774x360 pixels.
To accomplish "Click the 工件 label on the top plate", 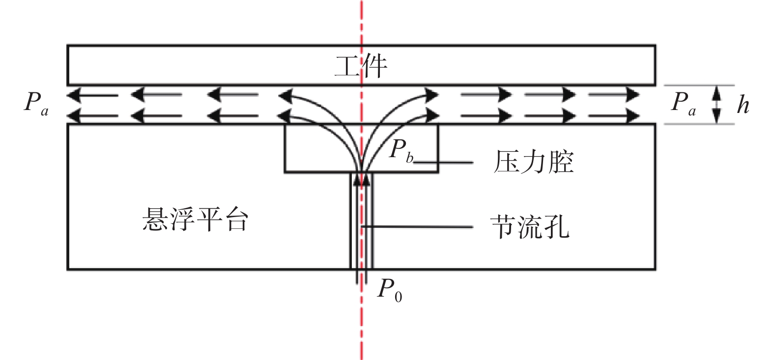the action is (361, 66).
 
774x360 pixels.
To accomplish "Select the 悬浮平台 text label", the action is (195, 220).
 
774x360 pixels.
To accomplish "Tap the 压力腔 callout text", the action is (534, 162).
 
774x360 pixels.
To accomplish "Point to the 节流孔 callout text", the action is (530, 227).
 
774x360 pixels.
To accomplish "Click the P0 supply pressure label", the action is (390, 290).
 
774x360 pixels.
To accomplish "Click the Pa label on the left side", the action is (36, 103).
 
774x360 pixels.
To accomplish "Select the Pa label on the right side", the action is (683, 103).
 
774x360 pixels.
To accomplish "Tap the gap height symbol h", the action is (743, 104).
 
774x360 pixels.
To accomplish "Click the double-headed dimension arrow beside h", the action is (717, 104).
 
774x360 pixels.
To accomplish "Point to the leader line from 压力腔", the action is (443, 163).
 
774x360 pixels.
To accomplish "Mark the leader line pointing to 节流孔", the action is (417, 227).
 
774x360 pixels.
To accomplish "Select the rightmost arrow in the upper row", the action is (614, 94).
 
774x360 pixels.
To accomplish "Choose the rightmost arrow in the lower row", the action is (614, 116).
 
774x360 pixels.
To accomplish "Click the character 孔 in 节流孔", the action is (557, 227).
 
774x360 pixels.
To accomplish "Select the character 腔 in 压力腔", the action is (561, 162).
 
